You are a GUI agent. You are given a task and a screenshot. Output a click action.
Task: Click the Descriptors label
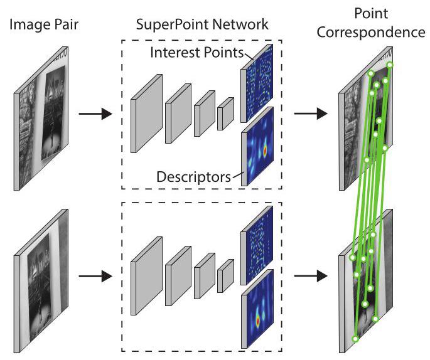tap(193, 177)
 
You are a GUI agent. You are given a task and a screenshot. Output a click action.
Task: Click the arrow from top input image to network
tap(94, 115)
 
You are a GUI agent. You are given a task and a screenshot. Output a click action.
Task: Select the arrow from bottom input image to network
tap(94, 275)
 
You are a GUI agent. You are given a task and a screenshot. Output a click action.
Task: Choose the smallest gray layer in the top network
tap(225, 115)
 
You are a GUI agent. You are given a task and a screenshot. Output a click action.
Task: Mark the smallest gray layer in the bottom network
tap(225, 275)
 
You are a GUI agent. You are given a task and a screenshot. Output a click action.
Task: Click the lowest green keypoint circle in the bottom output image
tap(355, 339)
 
